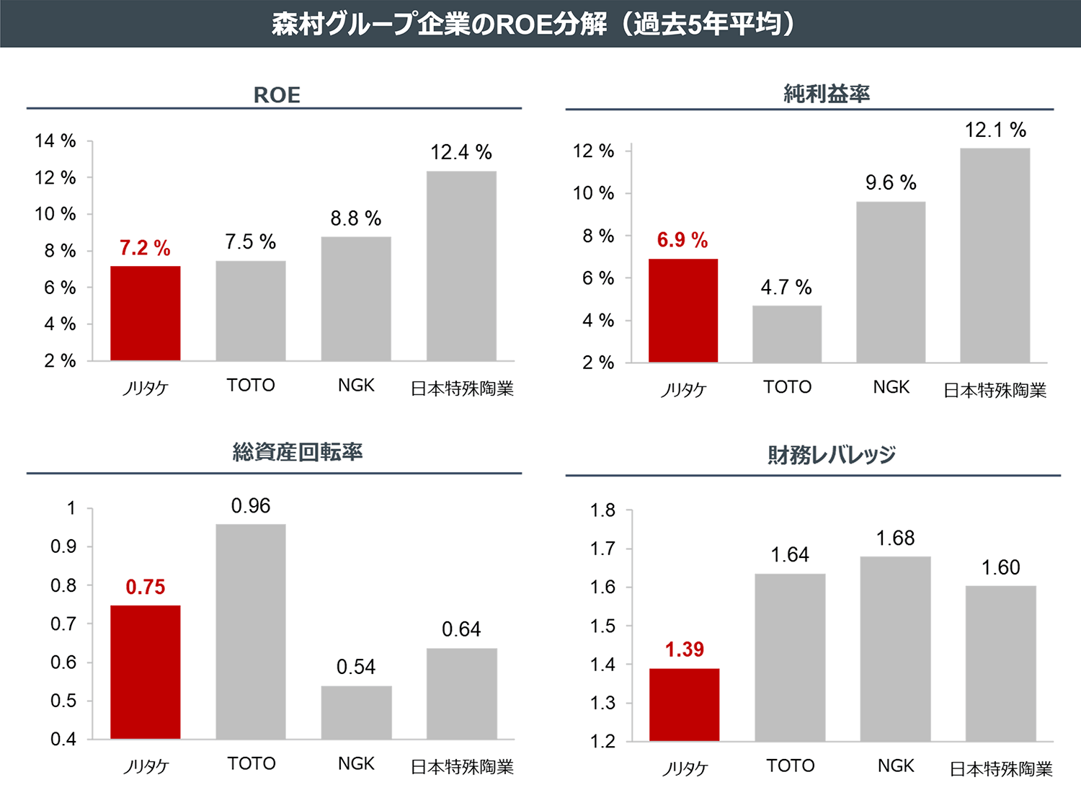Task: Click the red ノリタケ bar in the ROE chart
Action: click(145, 314)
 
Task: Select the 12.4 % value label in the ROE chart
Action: click(461, 153)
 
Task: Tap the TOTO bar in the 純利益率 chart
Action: click(787, 334)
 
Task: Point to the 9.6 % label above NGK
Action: click(891, 183)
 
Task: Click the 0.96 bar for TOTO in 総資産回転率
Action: click(251, 631)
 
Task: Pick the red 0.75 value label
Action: click(145, 587)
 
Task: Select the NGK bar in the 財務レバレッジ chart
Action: click(895, 649)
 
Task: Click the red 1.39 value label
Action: click(684, 649)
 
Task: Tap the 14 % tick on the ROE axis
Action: click(55, 141)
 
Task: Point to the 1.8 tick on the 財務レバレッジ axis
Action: click(602, 510)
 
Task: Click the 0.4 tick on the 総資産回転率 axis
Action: click(63, 740)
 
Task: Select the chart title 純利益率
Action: click(827, 94)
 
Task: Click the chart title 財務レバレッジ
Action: click(832, 455)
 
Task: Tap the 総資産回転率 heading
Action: click(298, 452)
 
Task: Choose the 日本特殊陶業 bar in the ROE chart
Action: click(461, 266)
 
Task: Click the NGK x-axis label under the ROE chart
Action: click(356, 386)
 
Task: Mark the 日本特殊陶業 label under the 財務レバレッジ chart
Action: click(1001, 769)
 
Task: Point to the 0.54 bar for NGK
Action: click(356, 712)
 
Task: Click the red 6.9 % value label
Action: click(682, 240)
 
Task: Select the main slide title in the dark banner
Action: click(533, 24)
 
